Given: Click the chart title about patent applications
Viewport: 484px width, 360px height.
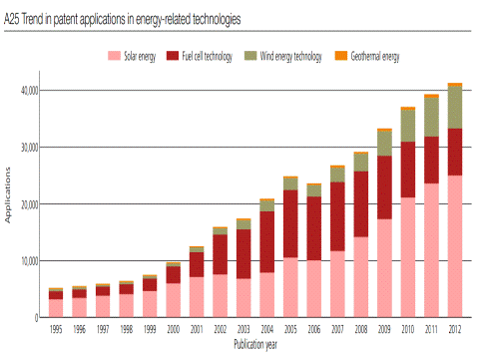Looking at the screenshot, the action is tap(122, 19).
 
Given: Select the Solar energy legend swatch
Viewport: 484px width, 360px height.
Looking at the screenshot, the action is tap(114, 56).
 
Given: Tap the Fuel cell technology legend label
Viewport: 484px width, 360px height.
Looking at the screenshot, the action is tap(207, 56).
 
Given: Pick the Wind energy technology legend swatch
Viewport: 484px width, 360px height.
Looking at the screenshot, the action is tap(250, 56).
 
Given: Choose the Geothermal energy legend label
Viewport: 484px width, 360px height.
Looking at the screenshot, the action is tap(375, 56).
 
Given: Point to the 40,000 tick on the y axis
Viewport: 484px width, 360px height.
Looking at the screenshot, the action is tap(30, 91).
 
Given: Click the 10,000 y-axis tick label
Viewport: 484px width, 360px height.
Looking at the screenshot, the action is tap(30, 261).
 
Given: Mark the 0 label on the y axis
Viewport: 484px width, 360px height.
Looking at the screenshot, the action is tap(36, 318).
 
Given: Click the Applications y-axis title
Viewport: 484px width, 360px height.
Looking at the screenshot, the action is tap(7, 194).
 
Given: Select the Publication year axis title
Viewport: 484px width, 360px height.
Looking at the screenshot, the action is tap(255, 344).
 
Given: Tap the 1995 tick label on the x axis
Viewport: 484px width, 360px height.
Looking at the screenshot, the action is tap(56, 329).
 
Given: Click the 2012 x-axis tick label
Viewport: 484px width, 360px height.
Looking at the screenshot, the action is tap(455, 329).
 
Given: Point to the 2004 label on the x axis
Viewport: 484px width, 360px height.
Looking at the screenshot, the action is tap(267, 329).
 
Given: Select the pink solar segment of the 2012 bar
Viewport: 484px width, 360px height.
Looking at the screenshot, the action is tap(455, 246).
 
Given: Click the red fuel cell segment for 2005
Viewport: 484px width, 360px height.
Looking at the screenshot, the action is tap(290, 223).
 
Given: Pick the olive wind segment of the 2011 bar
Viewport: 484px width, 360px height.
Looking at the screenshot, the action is tap(431, 117).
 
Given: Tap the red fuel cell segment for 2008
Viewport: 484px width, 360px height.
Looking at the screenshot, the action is tap(361, 204).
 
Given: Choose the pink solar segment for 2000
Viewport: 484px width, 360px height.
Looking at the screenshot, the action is tap(174, 300).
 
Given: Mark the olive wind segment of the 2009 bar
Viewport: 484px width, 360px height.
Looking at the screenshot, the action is tap(384, 144).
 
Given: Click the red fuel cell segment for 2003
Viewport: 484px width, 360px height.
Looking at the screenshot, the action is tap(243, 254).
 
